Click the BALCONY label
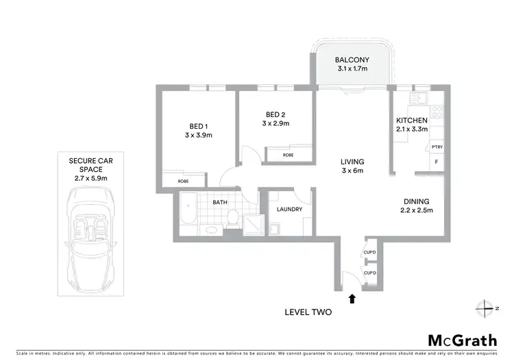[x=353, y=60]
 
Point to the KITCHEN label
[x=412, y=118]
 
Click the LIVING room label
[x=352, y=162]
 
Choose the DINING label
[x=417, y=201]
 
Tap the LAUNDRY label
[x=290, y=210]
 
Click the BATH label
[x=219, y=202]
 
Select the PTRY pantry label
[x=437, y=147]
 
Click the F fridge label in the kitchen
[x=437, y=162]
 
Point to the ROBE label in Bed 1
[x=183, y=181]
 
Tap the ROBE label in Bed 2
[x=289, y=155]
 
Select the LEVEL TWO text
[x=308, y=312]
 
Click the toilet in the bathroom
[x=233, y=217]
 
